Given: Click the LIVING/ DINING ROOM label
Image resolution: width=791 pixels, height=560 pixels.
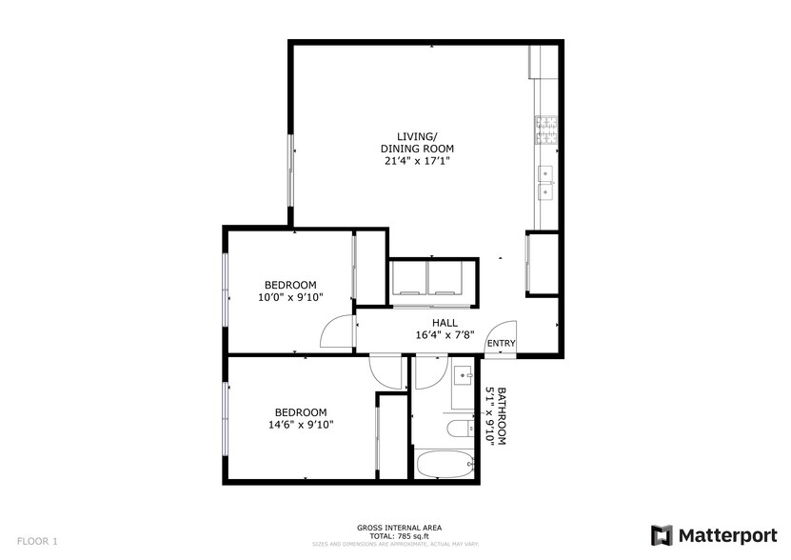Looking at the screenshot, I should point(417,142).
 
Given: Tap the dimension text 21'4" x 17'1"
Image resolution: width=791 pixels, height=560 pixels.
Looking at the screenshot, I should point(417,161).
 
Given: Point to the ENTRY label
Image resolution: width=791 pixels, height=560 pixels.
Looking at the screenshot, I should point(501,344).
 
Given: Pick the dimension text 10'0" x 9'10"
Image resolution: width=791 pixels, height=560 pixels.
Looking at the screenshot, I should point(290,297).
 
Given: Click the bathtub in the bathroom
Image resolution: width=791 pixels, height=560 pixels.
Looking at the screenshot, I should point(445,465).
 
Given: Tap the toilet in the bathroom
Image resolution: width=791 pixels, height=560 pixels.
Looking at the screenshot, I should point(461,428).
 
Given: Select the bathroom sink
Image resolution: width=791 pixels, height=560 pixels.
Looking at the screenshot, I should point(464,372).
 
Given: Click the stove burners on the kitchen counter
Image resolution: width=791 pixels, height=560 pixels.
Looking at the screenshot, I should point(546,130).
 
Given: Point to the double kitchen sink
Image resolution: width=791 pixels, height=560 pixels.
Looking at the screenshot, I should point(546,182).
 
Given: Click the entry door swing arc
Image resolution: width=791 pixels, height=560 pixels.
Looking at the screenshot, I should point(502,335).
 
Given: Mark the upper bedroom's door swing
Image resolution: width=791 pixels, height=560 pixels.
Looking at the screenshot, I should point(338,333).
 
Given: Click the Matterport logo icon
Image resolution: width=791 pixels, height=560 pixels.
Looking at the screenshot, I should point(662,534).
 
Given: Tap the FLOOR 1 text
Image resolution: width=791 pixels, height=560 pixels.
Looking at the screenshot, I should point(37,541).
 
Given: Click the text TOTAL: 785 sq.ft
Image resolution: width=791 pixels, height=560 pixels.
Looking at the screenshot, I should point(399,536).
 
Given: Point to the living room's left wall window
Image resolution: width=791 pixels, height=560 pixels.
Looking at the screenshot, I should point(290,172).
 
